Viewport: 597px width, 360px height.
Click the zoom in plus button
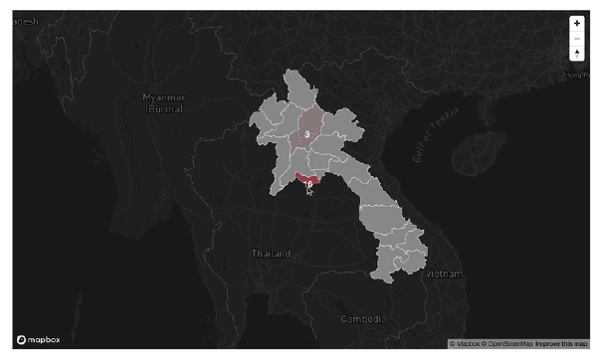point(577,23)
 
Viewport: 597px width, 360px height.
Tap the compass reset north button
point(577,54)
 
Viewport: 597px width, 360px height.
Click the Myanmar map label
point(163,97)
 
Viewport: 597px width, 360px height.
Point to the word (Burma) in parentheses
point(163,109)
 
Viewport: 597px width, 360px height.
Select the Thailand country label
point(271,255)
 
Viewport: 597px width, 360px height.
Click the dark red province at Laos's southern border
point(303,178)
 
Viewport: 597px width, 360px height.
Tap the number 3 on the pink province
point(307,133)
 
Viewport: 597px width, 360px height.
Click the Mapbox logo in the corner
point(38,340)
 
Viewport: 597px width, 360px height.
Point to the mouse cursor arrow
point(309,189)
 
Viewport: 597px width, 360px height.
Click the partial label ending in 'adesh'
point(24,19)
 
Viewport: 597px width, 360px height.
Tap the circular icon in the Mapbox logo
point(21,340)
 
